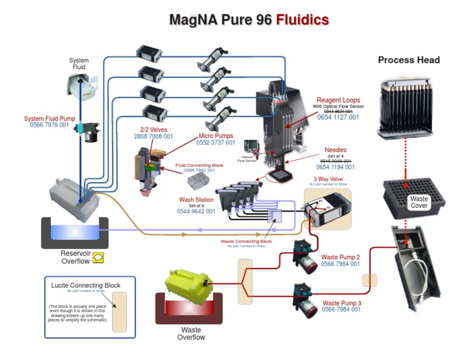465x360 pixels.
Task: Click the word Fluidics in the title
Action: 302,20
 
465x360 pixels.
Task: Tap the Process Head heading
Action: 409,60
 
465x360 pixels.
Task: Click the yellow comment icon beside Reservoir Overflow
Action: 98,258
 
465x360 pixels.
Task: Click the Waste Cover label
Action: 419,202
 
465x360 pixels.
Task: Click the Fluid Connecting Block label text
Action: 199,164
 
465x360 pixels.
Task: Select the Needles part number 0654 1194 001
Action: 335,167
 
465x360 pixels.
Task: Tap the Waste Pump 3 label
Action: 341,302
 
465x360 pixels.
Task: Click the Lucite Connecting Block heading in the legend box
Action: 85,285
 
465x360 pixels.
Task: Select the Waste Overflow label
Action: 190,333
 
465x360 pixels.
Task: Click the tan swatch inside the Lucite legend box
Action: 119,312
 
